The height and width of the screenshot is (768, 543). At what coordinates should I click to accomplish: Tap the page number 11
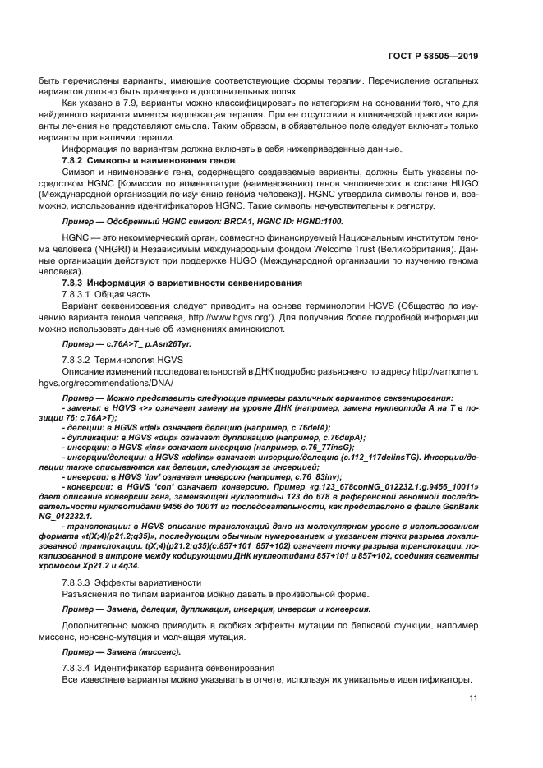(x=473, y=698)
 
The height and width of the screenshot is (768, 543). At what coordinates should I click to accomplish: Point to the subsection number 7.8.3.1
(x=76, y=293)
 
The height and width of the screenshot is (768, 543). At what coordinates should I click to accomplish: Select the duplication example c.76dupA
(x=338, y=438)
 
